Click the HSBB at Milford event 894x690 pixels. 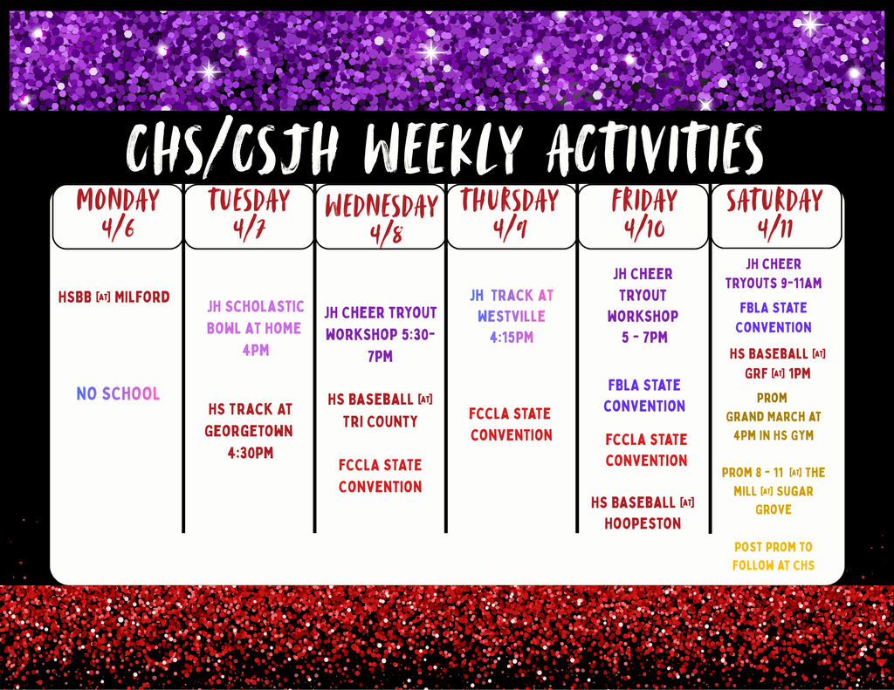[114, 297]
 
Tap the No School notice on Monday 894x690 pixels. [118, 394]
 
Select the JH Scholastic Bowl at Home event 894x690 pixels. [255, 328]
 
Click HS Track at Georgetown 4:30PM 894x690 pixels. [249, 431]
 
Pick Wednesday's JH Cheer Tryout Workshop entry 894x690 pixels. [381, 334]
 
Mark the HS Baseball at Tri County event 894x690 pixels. [380, 410]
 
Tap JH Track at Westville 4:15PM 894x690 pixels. [512, 316]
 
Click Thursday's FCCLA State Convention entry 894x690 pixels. [512, 424]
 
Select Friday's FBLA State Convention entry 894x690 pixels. [644, 395]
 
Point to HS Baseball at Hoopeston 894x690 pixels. [643, 513]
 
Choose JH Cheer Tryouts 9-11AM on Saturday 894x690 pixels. [774, 273]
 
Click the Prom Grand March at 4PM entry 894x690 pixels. [773, 416]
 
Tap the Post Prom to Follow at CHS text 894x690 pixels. [774, 556]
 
